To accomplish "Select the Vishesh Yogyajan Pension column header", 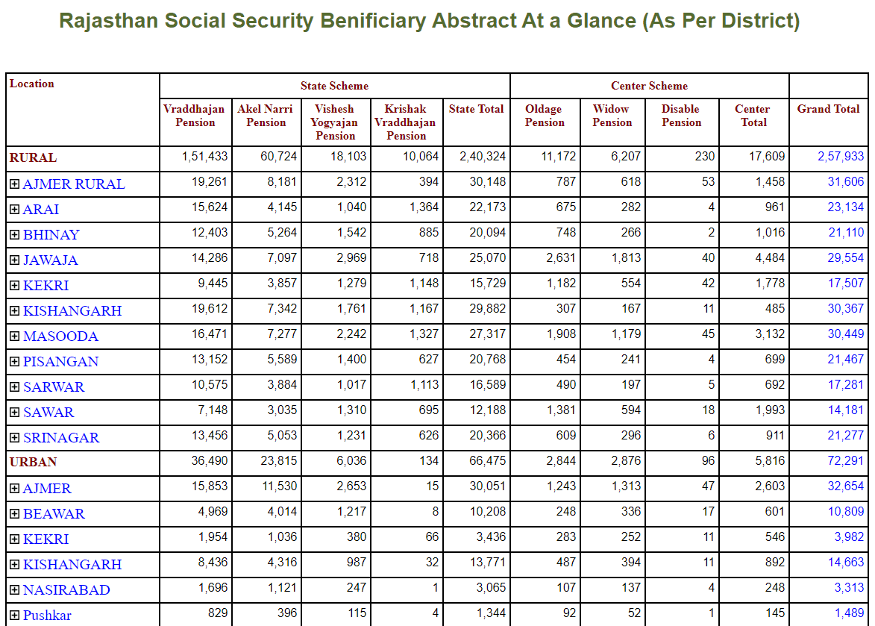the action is (x=335, y=122).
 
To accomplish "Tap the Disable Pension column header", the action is (x=681, y=116).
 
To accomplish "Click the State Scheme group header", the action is (x=334, y=86).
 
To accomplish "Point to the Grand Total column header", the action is (x=828, y=109).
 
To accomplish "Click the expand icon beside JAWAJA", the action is (x=14, y=260).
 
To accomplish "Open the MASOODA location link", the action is (x=61, y=337).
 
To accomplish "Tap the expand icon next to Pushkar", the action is (x=14, y=616).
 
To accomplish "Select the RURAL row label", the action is (x=33, y=158).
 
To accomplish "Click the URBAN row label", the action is (x=33, y=462).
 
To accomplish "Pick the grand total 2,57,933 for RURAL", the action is (x=841, y=156).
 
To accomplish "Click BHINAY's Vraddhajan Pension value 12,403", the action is (x=210, y=233).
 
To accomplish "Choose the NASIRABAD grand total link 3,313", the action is (x=849, y=587).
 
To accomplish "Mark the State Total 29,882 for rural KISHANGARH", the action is (x=488, y=309).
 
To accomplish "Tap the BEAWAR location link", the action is (x=54, y=514).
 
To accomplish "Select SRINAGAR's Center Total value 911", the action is (x=775, y=435).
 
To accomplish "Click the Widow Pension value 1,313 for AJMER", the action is (x=626, y=486).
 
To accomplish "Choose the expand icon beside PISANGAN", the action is (x=14, y=362).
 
